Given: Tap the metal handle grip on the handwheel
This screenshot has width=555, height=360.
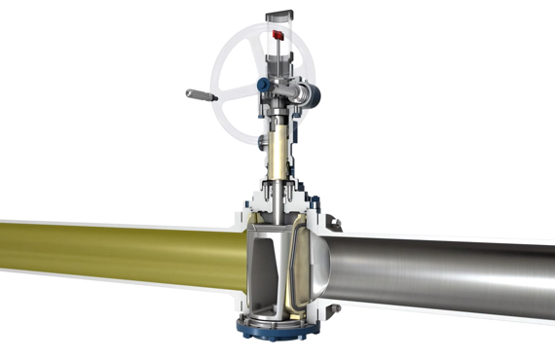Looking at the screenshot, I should click(x=199, y=95).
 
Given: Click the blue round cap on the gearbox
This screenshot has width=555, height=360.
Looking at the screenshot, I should click(x=262, y=86).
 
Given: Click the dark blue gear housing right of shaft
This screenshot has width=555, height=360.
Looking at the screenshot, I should click(x=310, y=93).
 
